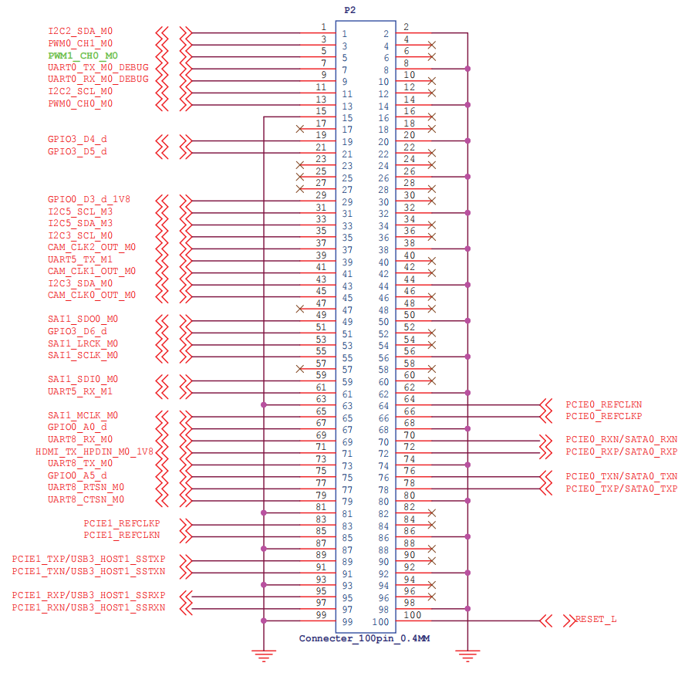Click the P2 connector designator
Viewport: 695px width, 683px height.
349,10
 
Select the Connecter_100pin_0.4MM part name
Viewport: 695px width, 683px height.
364,638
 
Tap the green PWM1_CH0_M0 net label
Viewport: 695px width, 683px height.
83,56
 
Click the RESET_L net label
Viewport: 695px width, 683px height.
595,619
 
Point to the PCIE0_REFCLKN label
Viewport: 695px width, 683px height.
604,404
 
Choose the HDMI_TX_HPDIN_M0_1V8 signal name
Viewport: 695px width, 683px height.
94,451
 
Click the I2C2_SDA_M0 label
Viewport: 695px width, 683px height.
80,31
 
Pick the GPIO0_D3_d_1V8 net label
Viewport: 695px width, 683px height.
89,199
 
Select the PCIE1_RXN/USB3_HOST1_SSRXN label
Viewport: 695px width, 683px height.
89,607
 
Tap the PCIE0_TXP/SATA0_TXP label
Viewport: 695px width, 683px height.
622,489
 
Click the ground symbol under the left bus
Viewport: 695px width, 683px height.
264,655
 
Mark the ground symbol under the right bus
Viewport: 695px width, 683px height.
467,655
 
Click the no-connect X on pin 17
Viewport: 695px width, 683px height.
300,129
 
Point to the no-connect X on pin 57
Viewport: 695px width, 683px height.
300,369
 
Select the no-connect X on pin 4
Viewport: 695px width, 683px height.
432,45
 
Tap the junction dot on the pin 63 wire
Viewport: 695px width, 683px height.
264,405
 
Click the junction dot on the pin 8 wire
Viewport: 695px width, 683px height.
467,69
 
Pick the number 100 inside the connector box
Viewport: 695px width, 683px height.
380,622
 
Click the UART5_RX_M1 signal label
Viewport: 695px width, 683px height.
80,391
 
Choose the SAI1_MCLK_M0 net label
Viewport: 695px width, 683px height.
83,415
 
